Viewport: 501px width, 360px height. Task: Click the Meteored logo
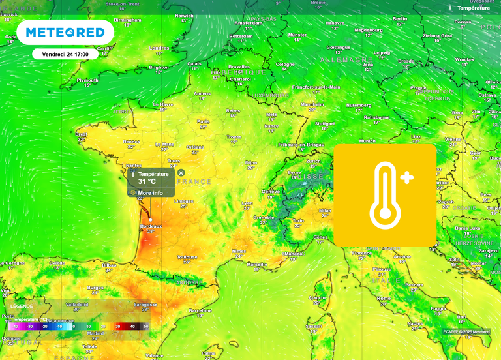point(65,32)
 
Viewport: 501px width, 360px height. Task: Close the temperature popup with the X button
point(181,173)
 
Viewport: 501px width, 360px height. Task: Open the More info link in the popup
point(150,193)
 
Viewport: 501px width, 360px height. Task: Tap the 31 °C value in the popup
point(147,181)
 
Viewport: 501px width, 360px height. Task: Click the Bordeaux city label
point(151,226)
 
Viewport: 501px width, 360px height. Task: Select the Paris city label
point(204,121)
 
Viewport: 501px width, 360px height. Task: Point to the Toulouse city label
point(187,257)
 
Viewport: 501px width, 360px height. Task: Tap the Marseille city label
point(257,264)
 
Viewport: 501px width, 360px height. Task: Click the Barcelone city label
point(200,310)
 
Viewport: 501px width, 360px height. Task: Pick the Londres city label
point(159,48)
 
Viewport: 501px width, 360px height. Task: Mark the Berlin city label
point(401,19)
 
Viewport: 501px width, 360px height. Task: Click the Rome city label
point(384,298)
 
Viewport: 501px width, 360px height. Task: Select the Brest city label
point(82,134)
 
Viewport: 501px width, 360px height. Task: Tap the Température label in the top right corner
point(473,8)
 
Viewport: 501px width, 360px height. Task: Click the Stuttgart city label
point(324,123)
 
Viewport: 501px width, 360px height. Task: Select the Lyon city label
point(247,203)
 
